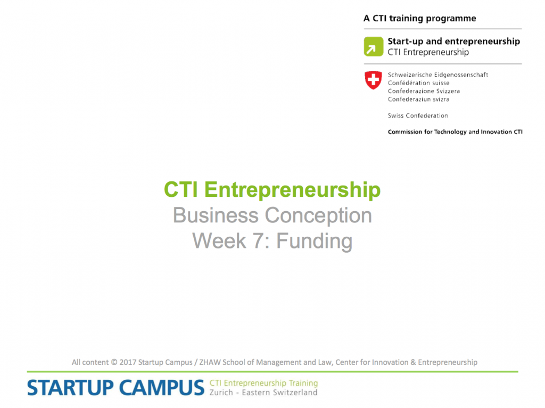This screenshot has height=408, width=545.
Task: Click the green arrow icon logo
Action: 373,47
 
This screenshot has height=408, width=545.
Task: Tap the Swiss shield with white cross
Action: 373,80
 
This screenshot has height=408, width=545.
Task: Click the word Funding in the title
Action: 314,241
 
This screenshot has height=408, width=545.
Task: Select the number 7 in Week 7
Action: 258,241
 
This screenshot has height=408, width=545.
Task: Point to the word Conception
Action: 318,215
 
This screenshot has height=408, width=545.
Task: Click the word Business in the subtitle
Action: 216,215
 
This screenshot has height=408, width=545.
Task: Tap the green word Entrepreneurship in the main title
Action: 292,190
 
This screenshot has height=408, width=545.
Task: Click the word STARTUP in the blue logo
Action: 70,388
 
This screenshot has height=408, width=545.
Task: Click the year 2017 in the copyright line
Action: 128,362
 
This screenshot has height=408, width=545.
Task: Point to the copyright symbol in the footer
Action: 114,362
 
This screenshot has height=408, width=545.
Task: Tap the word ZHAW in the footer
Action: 210,362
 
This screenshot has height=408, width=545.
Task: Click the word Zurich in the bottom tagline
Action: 221,393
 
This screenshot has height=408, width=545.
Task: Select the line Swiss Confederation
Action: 418,115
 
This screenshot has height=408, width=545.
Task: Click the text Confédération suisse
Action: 418,82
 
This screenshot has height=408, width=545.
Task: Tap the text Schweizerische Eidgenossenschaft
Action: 438,74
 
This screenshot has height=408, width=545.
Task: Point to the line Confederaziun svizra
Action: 418,99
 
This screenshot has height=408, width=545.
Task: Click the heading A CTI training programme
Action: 419,19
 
